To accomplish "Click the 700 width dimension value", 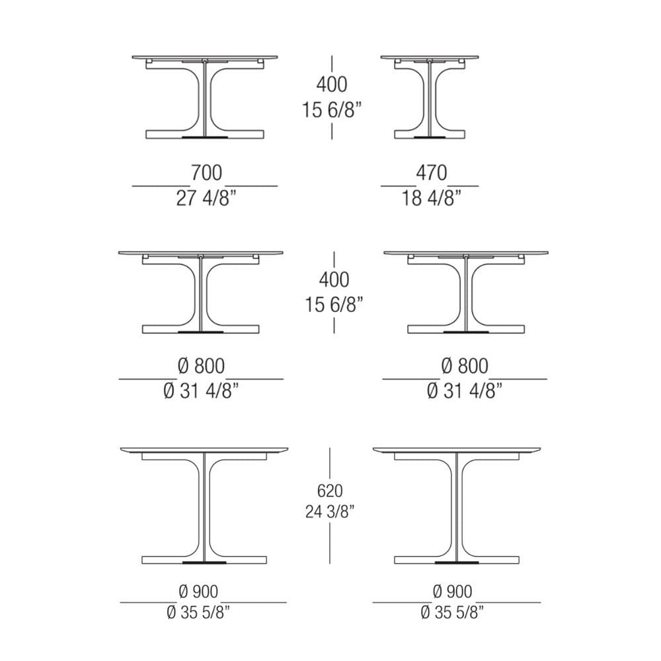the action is [x=206, y=173].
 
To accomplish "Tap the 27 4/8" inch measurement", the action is [x=206, y=198].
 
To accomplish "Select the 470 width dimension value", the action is [x=431, y=173].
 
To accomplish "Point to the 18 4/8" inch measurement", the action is [x=431, y=198].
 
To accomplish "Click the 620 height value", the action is [x=330, y=490].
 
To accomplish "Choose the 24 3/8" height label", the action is [x=330, y=512].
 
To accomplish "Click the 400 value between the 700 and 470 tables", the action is [x=332, y=85].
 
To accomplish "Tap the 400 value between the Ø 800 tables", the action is [x=334, y=280].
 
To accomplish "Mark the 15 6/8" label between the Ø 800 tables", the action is [x=334, y=304].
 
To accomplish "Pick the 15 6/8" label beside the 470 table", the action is [x=332, y=110].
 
